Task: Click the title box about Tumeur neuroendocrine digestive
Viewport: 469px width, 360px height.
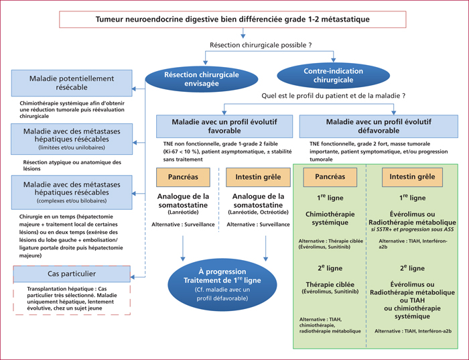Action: coord(232,19)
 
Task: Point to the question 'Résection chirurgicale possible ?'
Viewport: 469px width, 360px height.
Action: coord(261,45)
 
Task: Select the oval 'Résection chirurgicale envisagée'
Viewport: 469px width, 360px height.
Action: coord(201,79)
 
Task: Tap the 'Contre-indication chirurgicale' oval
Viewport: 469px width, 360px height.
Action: coord(333,75)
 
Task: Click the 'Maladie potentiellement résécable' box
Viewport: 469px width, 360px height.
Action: coord(72,83)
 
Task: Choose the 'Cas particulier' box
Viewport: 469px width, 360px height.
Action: coord(72,274)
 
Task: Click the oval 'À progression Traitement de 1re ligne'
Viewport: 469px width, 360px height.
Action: coord(222,285)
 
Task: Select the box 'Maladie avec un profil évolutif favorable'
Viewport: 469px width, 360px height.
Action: coord(224,126)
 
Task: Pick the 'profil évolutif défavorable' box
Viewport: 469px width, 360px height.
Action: coord(379,126)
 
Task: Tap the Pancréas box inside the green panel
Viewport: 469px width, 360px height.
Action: coord(330,177)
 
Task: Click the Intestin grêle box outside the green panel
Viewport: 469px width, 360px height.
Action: coord(258,177)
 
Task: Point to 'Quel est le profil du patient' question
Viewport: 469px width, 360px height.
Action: coord(334,96)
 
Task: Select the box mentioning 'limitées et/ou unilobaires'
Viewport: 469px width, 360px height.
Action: coord(72,139)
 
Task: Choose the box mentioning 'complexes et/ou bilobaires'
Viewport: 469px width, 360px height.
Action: coord(72,192)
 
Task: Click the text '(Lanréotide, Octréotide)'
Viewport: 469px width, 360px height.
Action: coord(258,212)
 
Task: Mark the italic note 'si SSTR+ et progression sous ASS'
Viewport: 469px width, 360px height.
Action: coord(412,229)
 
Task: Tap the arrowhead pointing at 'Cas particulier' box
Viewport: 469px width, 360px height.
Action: coord(133,277)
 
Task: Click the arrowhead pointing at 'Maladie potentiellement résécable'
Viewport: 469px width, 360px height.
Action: coord(134,89)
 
